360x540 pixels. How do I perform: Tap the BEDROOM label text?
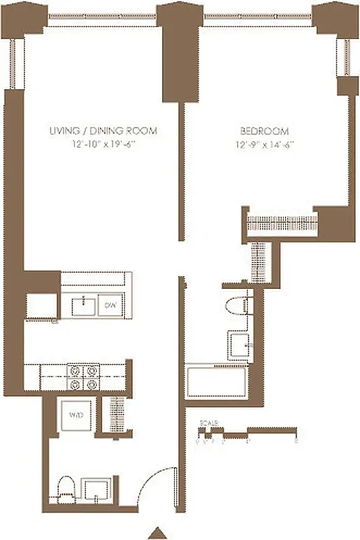(x=264, y=130)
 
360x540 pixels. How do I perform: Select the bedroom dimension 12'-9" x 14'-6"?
(x=264, y=144)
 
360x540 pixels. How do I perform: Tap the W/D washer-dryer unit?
(x=75, y=415)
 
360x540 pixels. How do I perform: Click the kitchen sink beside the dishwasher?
(x=82, y=305)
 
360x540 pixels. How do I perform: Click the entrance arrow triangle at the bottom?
(x=158, y=531)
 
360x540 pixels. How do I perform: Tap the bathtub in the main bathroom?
(x=216, y=383)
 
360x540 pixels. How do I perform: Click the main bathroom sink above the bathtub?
(x=240, y=345)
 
